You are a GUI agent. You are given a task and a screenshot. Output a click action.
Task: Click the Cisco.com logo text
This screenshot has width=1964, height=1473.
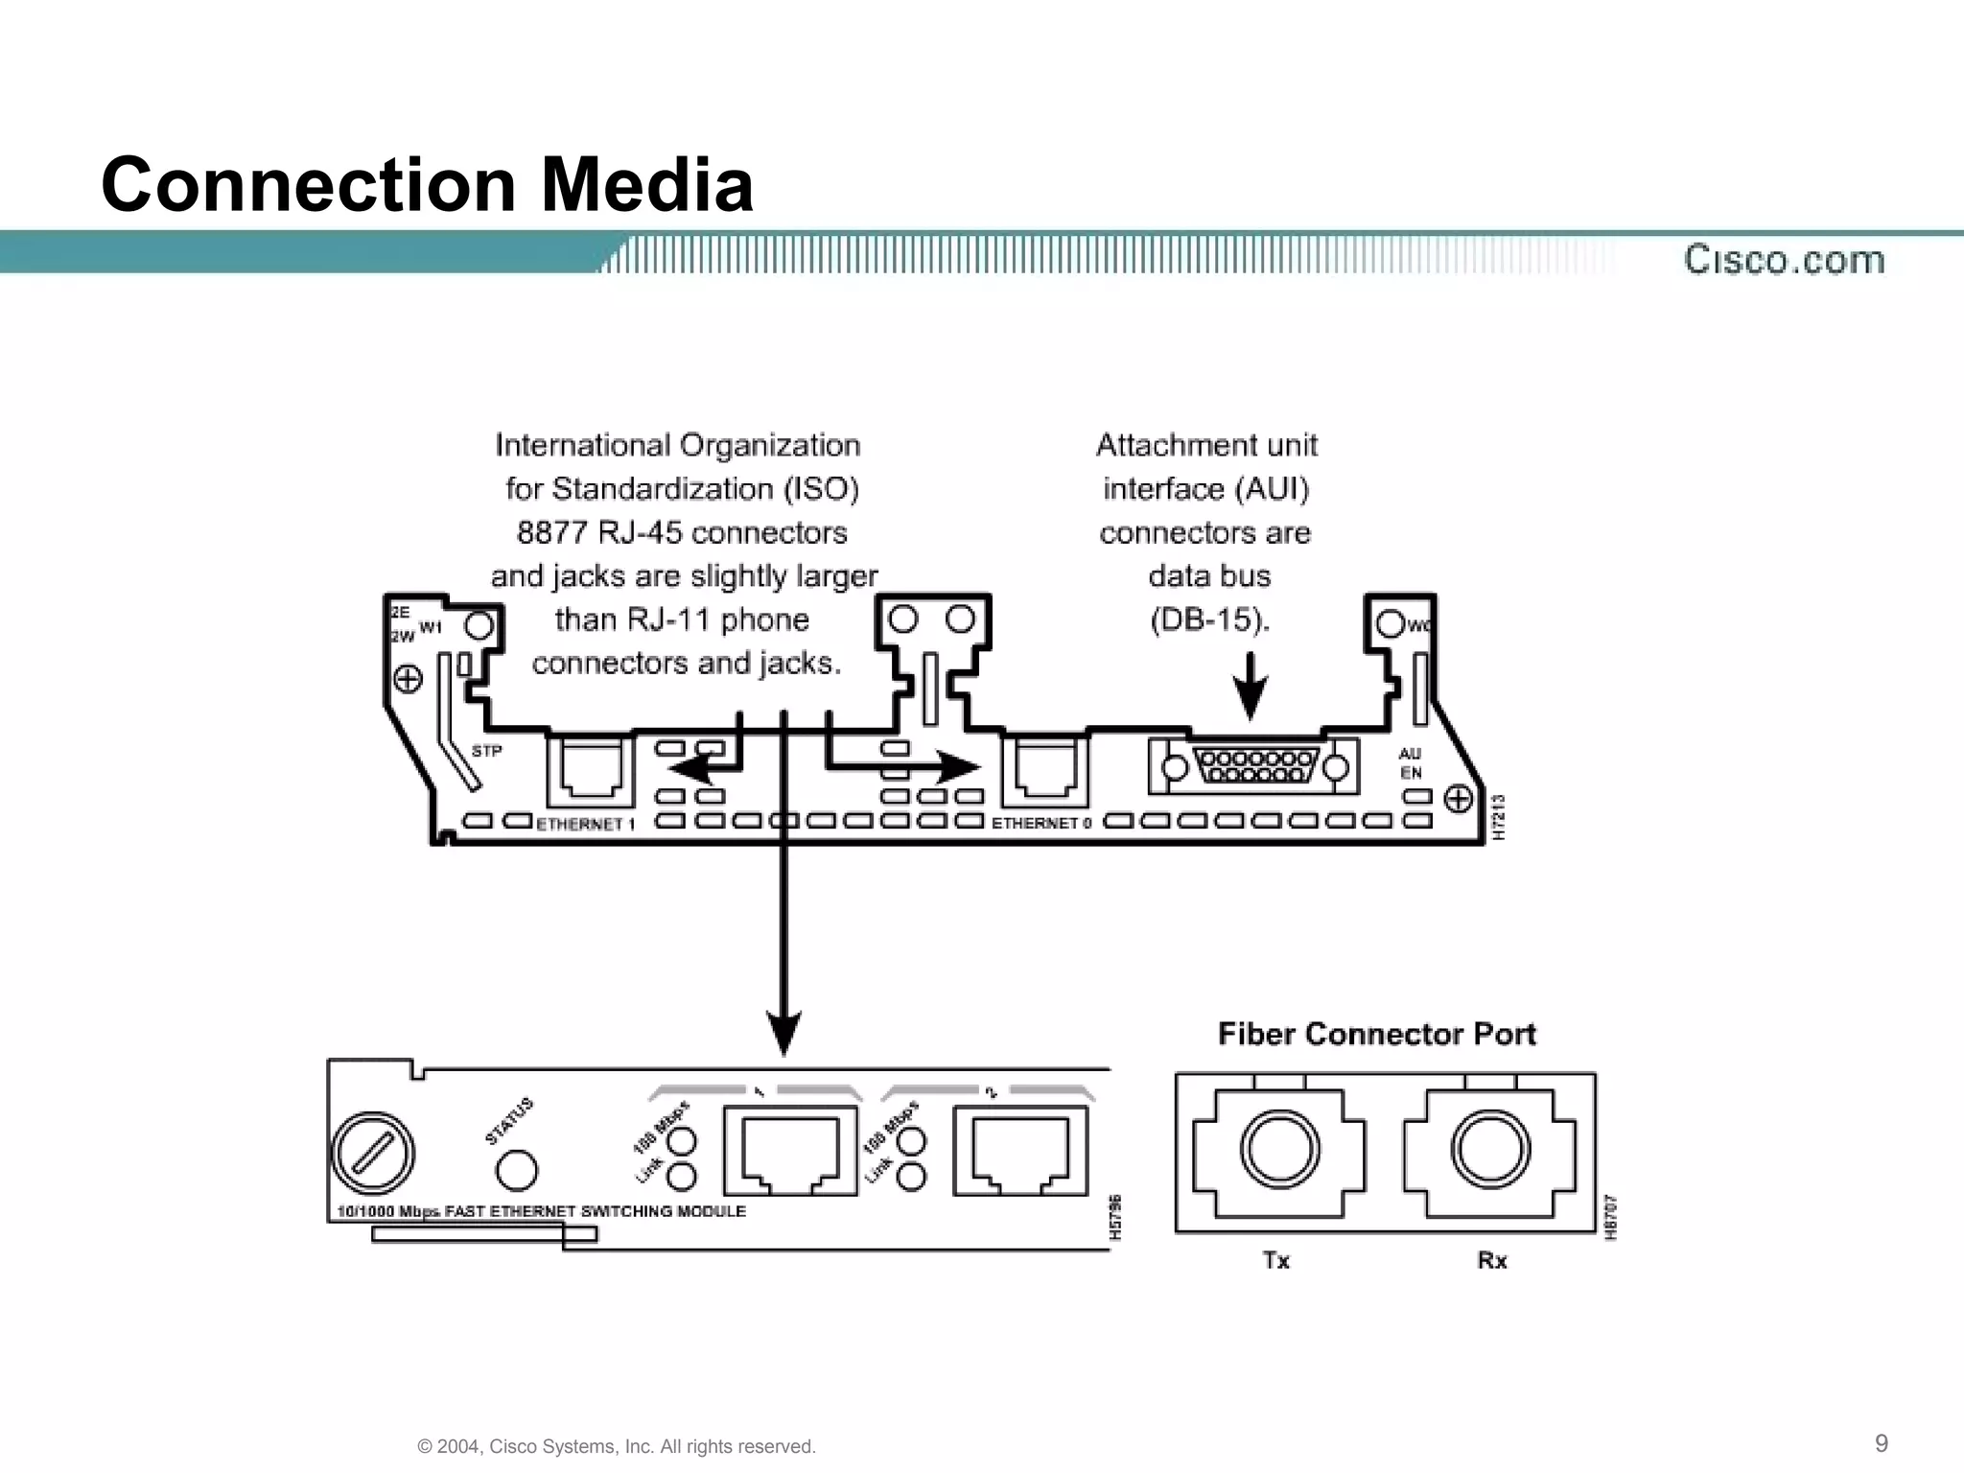[1784, 260]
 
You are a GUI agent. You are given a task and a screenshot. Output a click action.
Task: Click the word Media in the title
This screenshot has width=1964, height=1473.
[647, 184]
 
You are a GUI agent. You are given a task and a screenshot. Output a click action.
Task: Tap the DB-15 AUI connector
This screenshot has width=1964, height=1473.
[1254, 766]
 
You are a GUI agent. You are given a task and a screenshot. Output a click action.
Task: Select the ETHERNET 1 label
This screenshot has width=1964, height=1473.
[585, 824]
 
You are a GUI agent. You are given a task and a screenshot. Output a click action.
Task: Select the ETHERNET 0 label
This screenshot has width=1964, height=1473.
[1040, 823]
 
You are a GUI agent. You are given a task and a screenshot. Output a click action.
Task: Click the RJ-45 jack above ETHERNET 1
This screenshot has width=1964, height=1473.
[591, 769]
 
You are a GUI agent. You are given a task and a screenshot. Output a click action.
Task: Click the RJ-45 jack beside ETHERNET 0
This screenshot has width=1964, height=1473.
[1045, 769]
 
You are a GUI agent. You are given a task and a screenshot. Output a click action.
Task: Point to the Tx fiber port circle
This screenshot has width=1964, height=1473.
[1279, 1149]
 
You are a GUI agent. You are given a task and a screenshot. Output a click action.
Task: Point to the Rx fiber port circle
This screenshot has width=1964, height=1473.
[1490, 1149]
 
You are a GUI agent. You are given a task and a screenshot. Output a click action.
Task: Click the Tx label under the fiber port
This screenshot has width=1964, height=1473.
[1276, 1260]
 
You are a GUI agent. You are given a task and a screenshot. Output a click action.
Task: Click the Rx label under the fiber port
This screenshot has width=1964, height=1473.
[1492, 1260]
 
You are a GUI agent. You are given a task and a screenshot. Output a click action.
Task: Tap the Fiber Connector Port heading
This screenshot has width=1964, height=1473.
[1376, 1034]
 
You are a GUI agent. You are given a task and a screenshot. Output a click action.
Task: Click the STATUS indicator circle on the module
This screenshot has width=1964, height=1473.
[517, 1170]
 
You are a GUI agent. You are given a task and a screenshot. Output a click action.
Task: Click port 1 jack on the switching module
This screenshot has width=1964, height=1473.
[790, 1150]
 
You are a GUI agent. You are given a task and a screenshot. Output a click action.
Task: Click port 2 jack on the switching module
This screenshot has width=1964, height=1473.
[1020, 1150]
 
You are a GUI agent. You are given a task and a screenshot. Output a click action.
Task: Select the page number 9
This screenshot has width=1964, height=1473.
[1882, 1443]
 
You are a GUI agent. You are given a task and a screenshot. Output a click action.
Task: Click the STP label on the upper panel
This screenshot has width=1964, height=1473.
[486, 751]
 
